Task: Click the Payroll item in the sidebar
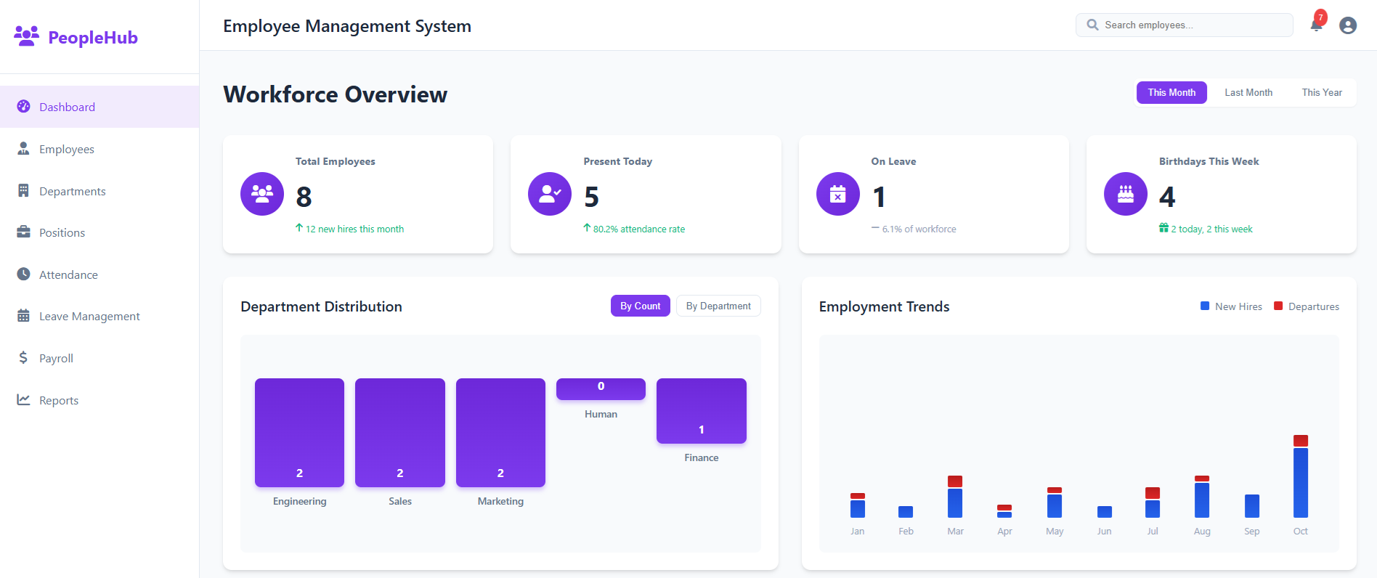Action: (x=56, y=358)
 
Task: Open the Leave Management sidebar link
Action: (x=89, y=317)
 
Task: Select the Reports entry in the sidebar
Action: (x=58, y=400)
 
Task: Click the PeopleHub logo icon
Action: (x=27, y=36)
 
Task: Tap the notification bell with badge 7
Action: (x=1316, y=25)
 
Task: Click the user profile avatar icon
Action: (x=1348, y=25)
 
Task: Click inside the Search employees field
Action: (x=1191, y=25)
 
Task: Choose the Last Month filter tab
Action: (x=1248, y=92)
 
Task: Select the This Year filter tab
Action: (x=1321, y=92)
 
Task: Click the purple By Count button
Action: (x=640, y=306)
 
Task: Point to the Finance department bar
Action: (x=701, y=410)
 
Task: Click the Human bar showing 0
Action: (x=601, y=388)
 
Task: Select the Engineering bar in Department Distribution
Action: (x=299, y=432)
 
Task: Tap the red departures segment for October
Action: (x=1300, y=441)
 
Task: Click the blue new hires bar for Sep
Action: (x=1251, y=505)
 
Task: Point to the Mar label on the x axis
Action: (x=955, y=532)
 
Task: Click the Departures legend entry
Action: (x=1307, y=306)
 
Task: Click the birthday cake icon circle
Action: (x=1125, y=194)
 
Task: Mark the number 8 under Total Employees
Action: (x=304, y=197)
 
